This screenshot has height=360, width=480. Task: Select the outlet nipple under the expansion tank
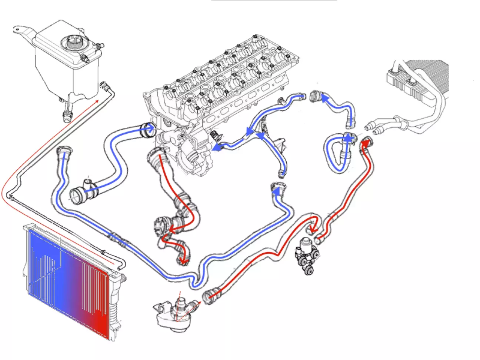click(x=67, y=116)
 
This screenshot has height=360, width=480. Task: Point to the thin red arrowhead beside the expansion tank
click(x=97, y=101)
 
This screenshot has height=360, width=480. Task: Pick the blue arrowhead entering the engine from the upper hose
click(x=151, y=128)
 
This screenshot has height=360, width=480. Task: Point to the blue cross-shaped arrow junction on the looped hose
click(x=348, y=139)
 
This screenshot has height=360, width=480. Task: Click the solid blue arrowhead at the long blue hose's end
click(x=276, y=190)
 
